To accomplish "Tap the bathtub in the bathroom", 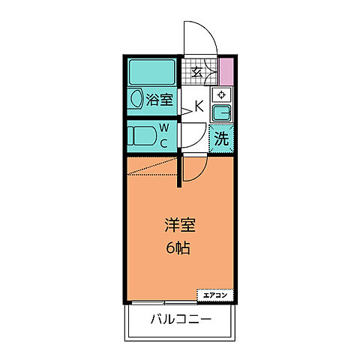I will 152,73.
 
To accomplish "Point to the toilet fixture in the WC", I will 142,136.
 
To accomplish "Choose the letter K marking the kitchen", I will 199,106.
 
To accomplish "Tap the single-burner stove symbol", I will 221,95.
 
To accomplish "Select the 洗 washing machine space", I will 221,138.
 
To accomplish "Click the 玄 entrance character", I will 196,72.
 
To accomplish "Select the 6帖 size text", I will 178,247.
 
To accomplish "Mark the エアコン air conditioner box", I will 215,295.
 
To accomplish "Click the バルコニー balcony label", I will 179,319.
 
